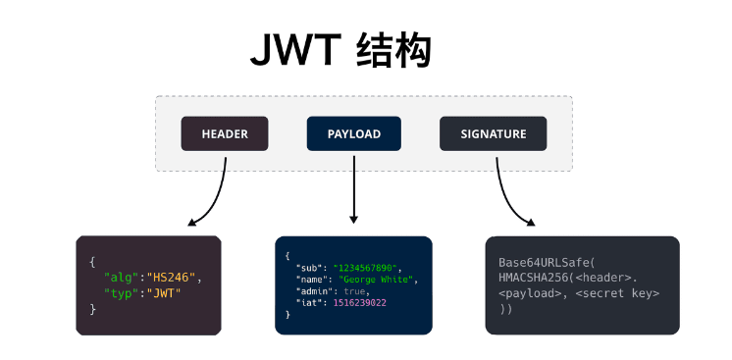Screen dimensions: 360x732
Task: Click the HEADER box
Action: tap(225, 134)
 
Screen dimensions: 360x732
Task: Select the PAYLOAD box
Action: tap(353, 134)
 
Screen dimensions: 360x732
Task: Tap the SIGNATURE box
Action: tap(493, 134)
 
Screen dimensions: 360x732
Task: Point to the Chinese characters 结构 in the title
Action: tap(392, 51)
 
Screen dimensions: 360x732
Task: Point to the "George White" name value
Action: tap(378, 279)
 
